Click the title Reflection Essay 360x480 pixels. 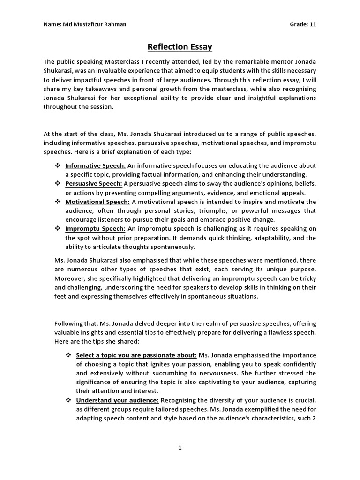(180, 46)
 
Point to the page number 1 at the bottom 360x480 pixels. (180, 448)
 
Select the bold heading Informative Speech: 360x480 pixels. (95, 165)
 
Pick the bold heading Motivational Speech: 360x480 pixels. (97, 202)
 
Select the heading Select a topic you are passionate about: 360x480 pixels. (136, 355)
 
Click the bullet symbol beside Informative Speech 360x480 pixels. (58, 165)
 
